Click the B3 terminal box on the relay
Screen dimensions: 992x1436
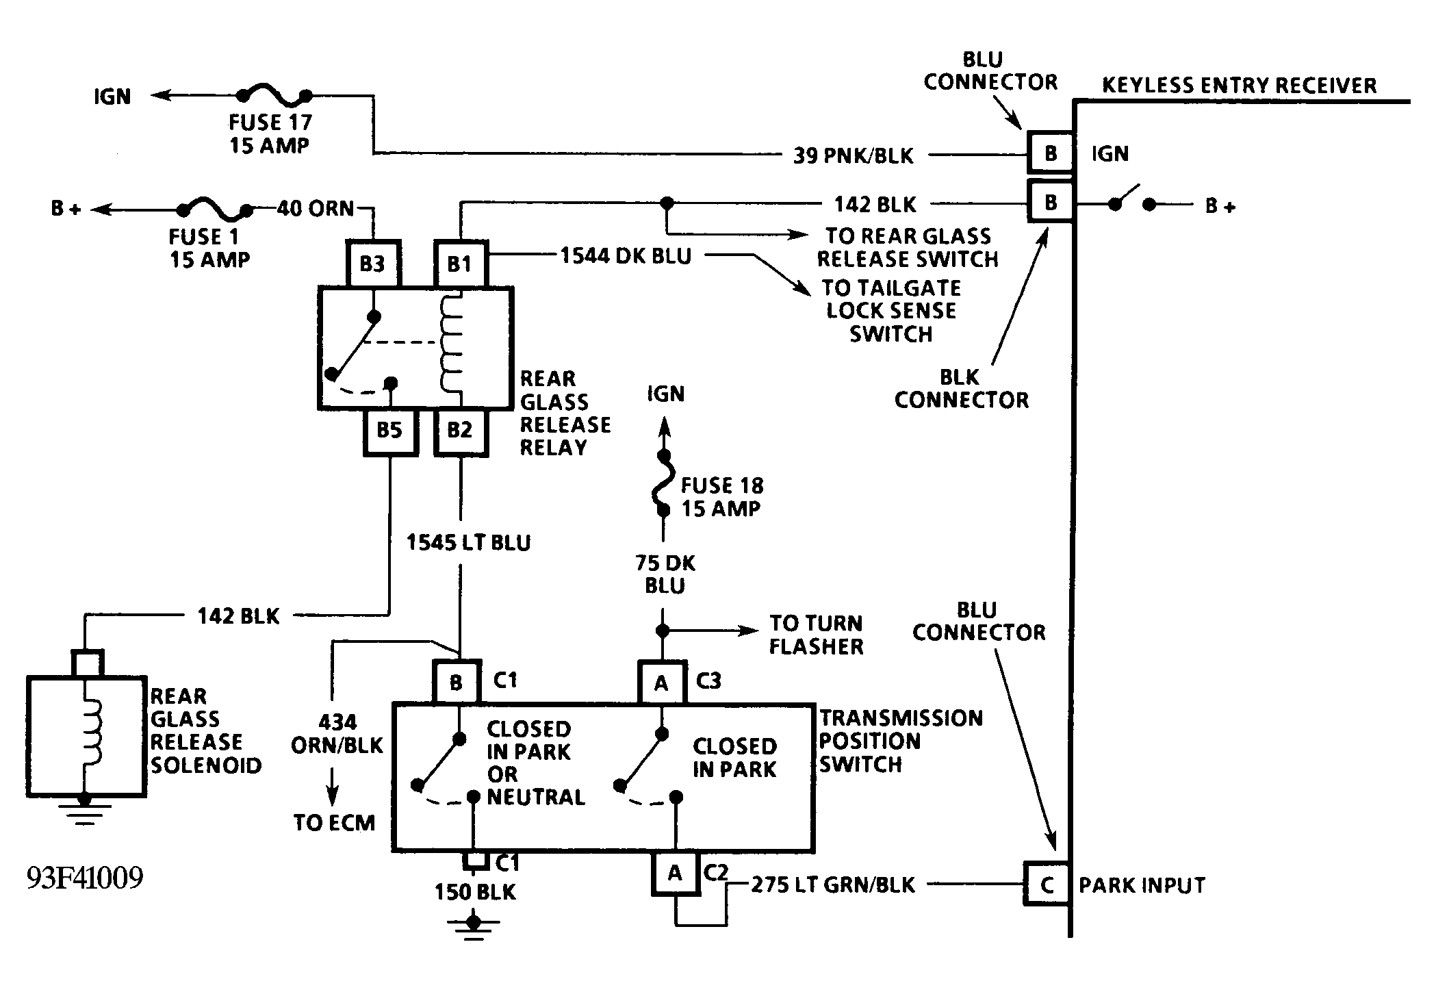(372, 264)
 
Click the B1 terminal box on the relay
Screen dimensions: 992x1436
(460, 264)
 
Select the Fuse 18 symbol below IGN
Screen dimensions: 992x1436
(663, 483)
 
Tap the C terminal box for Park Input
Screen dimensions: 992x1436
(1047, 885)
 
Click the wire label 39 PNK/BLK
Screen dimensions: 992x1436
(853, 156)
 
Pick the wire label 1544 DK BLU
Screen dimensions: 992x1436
(626, 256)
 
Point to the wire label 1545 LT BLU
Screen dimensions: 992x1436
(469, 543)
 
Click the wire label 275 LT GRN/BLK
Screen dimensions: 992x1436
(833, 885)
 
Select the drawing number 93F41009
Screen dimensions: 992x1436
(85, 878)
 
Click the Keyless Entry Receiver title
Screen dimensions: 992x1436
(1239, 86)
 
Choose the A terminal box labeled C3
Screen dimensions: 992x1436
(661, 683)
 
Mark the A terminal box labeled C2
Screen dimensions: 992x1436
(675, 874)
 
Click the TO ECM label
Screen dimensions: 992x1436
(334, 823)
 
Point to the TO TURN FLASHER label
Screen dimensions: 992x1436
(816, 635)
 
